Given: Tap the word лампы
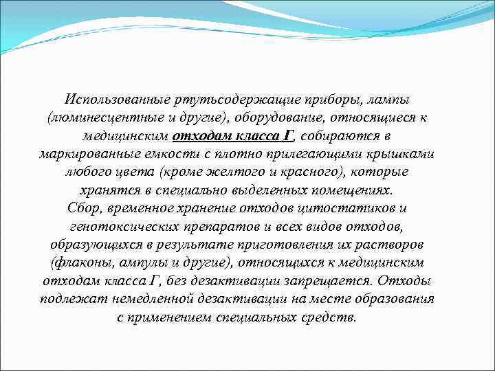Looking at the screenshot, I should point(398,100).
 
